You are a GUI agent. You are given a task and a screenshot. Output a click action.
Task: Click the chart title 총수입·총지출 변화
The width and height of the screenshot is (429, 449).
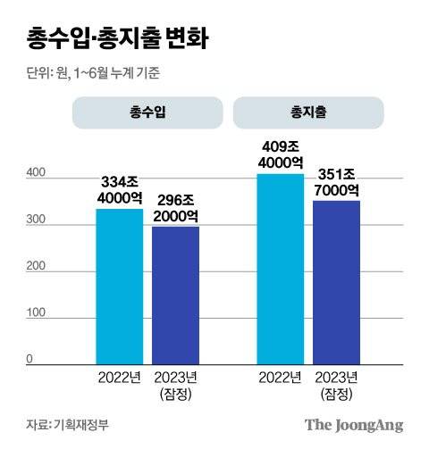(x=115, y=38)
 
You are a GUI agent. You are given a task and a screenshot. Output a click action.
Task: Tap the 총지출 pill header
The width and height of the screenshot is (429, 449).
(x=307, y=113)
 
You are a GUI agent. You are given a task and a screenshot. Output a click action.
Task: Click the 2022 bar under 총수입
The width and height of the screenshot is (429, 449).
(x=120, y=286)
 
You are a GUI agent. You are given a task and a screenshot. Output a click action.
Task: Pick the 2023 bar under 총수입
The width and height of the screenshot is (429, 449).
(x=175, y=295)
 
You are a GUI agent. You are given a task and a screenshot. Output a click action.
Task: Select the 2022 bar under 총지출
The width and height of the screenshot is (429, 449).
(x=281, y=268)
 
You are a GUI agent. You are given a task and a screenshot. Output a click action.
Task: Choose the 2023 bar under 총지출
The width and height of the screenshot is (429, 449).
(x=336, y=281)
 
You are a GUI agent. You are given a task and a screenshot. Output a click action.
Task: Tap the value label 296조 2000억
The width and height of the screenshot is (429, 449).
(x=175, y=207)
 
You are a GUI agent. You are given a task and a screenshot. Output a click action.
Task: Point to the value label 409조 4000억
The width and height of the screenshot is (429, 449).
(x=281, y=154)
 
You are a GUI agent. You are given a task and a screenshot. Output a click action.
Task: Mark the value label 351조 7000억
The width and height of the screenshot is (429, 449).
(x=336, y=181)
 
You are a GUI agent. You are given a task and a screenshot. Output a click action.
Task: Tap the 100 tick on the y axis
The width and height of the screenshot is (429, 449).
(x=35, y=313)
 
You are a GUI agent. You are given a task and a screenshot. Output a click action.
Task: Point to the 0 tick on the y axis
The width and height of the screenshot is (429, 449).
(x=29, y=359)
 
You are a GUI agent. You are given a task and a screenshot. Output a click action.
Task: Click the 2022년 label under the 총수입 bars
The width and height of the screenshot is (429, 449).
(x=120, y=377)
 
